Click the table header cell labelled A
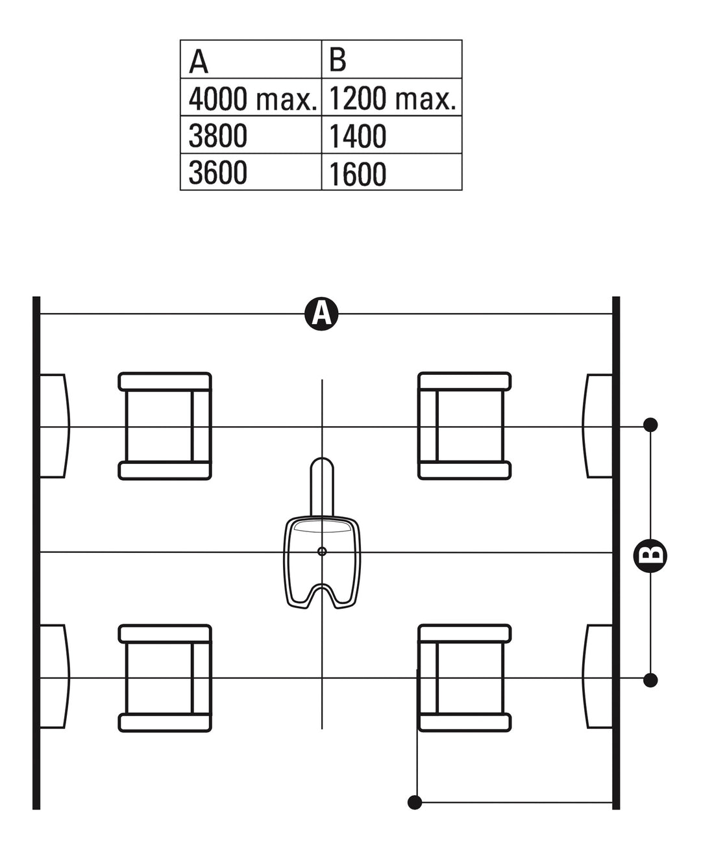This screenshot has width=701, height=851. pyautogui.click(x=251, y=59)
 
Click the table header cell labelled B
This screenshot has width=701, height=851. pyautogui.click(x=392, y=59)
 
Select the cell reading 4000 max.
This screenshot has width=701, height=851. pyautogui.click(x=251, y=97)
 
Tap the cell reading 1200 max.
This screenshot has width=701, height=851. pyautogui.click(x=392, y=97)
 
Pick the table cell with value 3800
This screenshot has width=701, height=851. pyautogui.click(x=251, y=134)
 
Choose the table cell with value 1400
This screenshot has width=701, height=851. pyautogui.click(x=392, y=134)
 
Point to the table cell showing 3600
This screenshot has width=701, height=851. pyautogui.click(x=251, y=171)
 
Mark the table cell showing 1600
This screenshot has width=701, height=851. pyautogui.click(x=392, y=171)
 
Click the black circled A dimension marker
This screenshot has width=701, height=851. pyautogui.click(x=321, y=314)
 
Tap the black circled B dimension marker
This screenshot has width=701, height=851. pyautogui.click(x=650, y=555)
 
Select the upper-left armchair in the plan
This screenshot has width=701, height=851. pyautogui.click(x=165, y=426)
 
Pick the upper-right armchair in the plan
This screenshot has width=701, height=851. pyautogui.click(x=464, y=426)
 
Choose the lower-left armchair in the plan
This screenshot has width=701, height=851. pyautogui.click(x=165, y=678)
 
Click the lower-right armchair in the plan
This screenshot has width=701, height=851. pyautogui.click(x=464, y=678)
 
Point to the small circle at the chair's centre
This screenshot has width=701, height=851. pyautogui.click(x=322, y=552)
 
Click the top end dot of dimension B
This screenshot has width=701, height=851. pyautogui.click(x=650, y=425)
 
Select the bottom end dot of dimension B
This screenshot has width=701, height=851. pyautogui.click(x=650, y=680)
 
